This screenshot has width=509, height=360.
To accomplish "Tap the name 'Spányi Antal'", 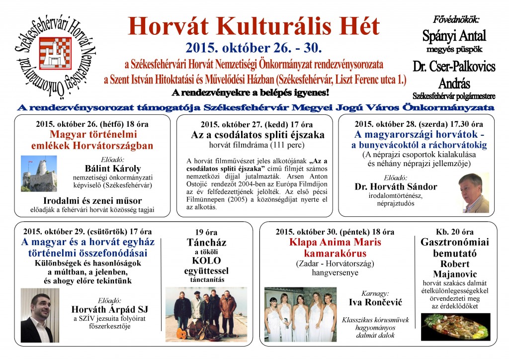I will point(454,36).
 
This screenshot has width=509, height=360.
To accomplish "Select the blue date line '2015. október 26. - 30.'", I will point(254,48).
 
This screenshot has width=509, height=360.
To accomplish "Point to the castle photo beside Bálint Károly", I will point(39,174).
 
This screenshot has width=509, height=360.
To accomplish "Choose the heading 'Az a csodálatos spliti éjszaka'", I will point(257,135).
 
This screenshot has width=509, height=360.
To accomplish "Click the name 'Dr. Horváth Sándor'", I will point(396,187).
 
